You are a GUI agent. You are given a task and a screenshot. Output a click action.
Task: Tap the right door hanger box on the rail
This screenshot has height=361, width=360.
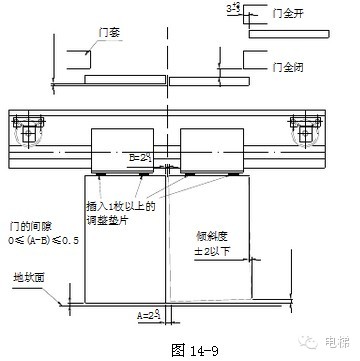click(213, 149)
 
